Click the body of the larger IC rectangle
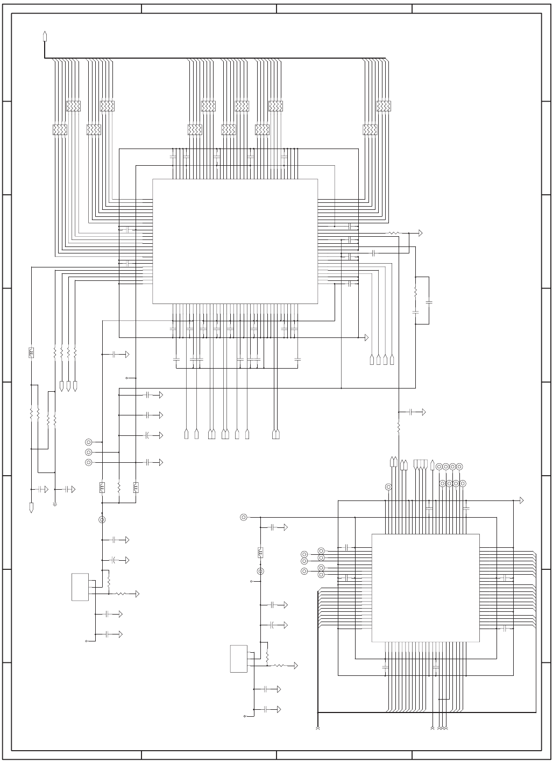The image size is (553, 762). coord(235,241)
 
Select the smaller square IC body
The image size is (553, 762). coord(426,588)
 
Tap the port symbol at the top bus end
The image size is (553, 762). coord(45,36)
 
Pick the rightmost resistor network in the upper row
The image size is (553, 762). coord(383,106)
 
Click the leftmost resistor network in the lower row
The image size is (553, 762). coord(60,130)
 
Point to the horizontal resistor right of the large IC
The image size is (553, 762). coord(394,234)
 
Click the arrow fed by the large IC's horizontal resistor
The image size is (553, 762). coord(420,234)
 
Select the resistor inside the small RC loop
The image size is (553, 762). coord(415,293)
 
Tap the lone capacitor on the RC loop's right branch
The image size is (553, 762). coord(429,302)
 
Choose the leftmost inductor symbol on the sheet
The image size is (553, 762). coord(31,353)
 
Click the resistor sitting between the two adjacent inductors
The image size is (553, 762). coord(118,488)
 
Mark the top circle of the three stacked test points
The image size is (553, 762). coord(89,442)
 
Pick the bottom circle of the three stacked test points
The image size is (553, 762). coord(89,462)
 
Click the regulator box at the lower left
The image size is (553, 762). coord(80,587)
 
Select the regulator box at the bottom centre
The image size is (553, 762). coord(239,659)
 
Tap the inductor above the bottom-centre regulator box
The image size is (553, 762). coord(260,552)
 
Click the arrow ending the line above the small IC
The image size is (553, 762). coord(521,500)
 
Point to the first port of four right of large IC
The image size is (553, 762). coord(372,360)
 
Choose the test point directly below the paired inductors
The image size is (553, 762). coord(102,520)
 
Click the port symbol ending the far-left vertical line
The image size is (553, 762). coord(31,507)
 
